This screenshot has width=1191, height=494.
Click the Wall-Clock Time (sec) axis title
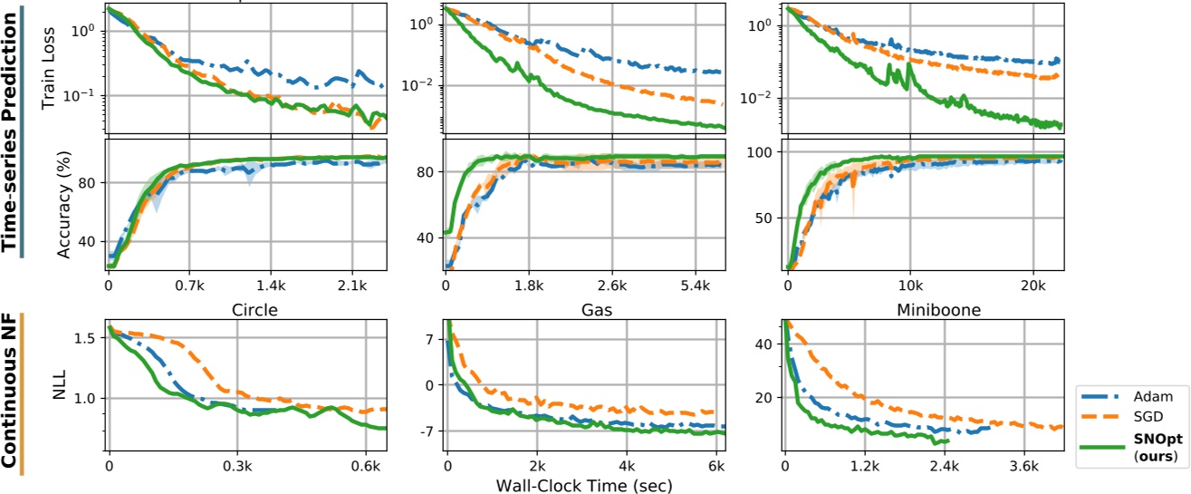click(x=583, y=485)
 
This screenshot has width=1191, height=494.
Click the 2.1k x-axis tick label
click(x=351, y=285)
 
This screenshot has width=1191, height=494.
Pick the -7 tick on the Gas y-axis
click(x=427, y=430)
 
